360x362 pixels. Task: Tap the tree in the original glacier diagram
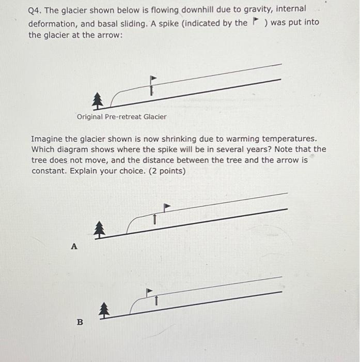[97, 101]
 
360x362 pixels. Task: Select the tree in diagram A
[100, 229]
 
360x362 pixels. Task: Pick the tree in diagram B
[104, 309]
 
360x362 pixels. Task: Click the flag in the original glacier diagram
[153, 79]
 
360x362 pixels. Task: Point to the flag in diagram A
[166, 206]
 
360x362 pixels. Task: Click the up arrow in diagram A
[153, 219]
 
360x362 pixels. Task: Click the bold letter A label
[74, 247]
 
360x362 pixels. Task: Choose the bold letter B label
[80, 322]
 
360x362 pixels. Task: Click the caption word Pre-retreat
[123, 117]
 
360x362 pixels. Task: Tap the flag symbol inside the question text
[255, 22]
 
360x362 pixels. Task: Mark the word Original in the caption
[90, 117]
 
